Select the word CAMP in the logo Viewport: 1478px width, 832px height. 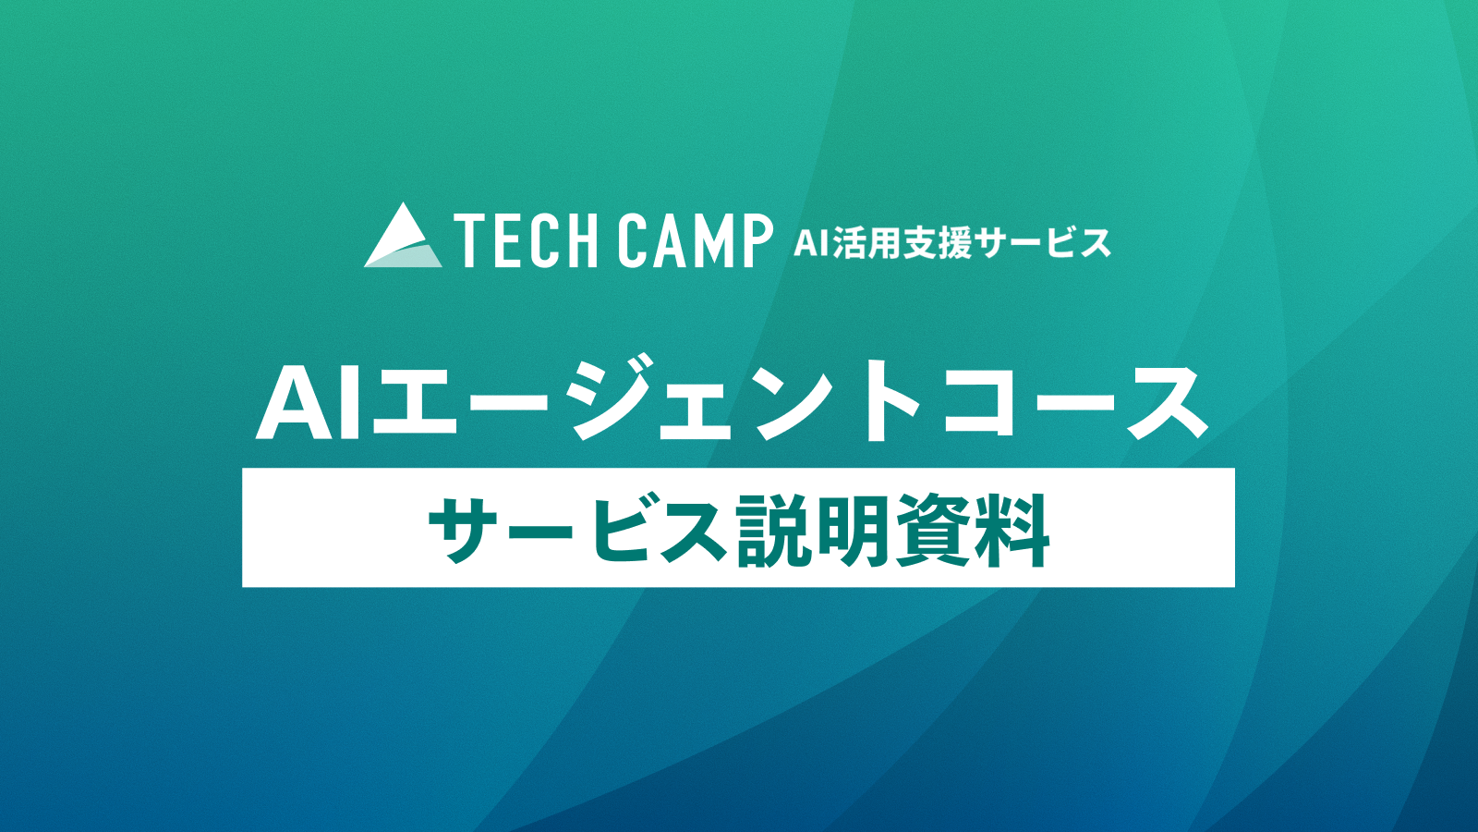pos(696,241)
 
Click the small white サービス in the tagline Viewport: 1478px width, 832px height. pos(1043,243)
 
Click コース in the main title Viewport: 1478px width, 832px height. pos(1076,404)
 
